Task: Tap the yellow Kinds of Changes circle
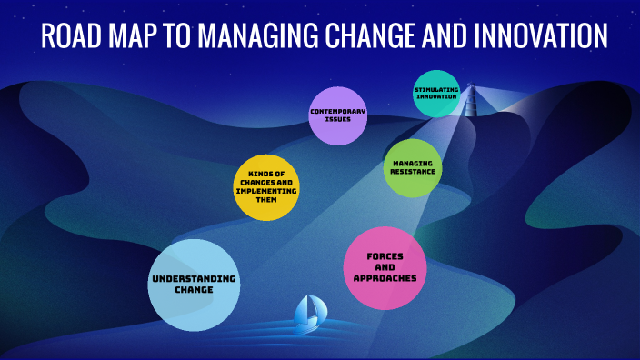pyautogui.click(x=267, y=188)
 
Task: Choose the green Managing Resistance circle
pyautogui.click(x=413, y=167)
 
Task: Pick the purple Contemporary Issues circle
pyautogui.click(x=337, y=115)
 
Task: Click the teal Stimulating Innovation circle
pyautogui.click(x=436, y=94)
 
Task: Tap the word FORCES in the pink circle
pyautogui.click(x=385, y=255)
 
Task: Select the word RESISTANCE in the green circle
pyautogui.click(x=413, y=172)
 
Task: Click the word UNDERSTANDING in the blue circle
pyautogui.click(x=194, y=277)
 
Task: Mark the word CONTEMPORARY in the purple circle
pyautogui.click(x=337, y=111)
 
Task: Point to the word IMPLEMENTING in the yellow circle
pyautogui.click(x=267, y=191)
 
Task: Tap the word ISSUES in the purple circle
pyautogui.click(x=337, y=119)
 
